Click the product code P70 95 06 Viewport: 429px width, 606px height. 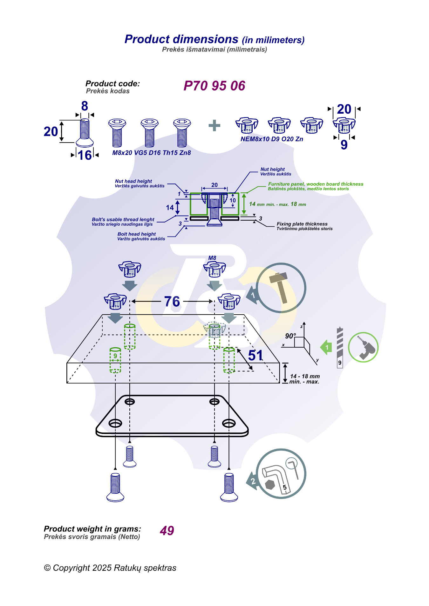(214, 86)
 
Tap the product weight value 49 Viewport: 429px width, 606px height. (167, 530)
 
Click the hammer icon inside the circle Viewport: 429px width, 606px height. (279, 287)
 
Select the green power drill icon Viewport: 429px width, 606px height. (363, 347)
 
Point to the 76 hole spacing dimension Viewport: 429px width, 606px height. (172, 301)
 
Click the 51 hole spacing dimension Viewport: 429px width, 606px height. (255, 355)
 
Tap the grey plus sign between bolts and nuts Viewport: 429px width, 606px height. (214, 125)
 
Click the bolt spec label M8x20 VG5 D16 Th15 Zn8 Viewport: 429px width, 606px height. (152, 153)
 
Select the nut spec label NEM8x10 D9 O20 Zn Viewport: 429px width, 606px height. (272, 139)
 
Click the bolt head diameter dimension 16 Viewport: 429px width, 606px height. (85, 155)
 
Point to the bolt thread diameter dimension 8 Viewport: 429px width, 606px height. (85, 106)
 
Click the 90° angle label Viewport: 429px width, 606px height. (290, 336)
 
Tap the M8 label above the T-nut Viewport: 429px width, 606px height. (212, 258)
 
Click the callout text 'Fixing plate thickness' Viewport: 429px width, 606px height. (302, 224)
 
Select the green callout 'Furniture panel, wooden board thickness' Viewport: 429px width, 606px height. (316, 184)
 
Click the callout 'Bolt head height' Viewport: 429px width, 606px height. (137, 234)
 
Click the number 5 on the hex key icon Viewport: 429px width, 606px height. (285, 487)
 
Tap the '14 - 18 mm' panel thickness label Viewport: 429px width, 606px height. (305, 376)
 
